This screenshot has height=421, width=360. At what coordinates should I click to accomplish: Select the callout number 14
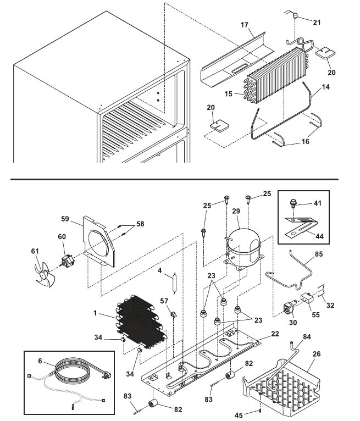coord(326,87)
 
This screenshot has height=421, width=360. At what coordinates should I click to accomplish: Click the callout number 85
coord(319,254)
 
